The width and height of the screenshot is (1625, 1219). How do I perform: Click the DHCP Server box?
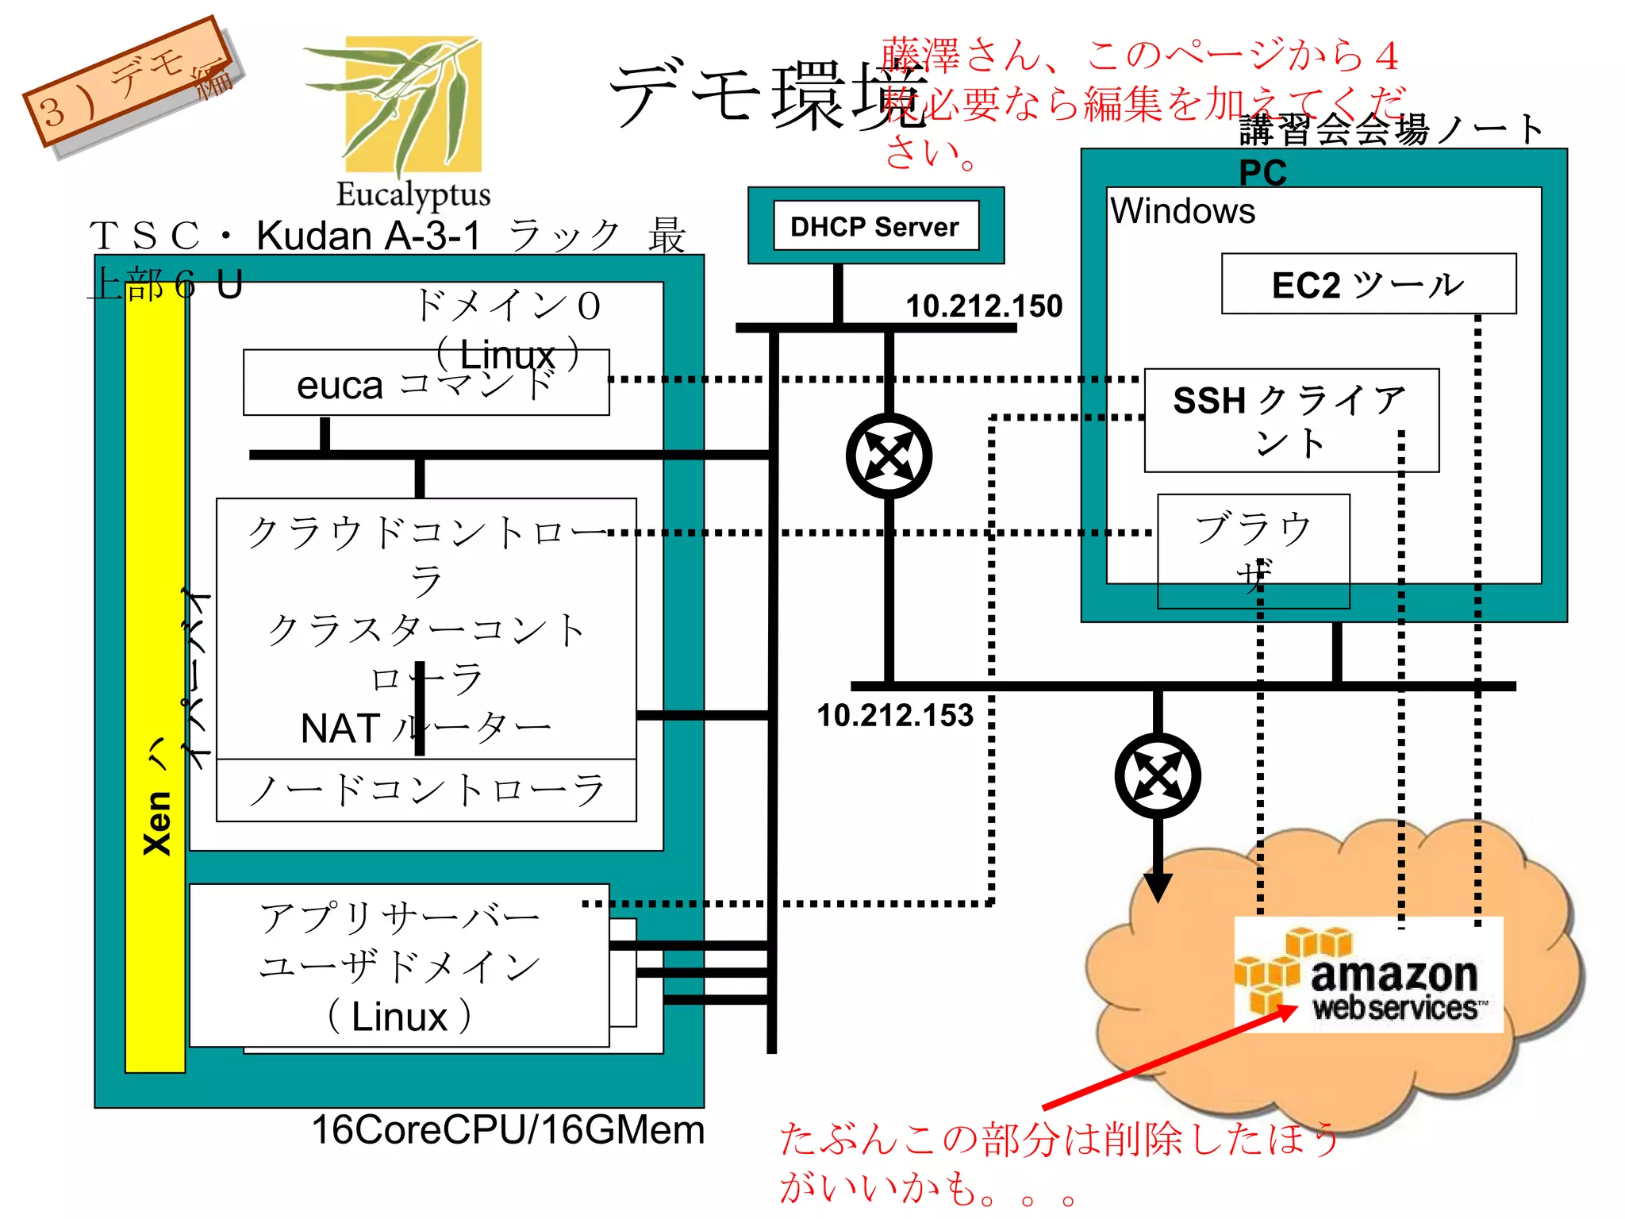875,226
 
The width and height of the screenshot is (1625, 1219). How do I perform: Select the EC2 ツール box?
1368,284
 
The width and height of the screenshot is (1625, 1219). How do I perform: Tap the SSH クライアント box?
1291,421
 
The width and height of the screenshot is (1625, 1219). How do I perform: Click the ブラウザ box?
1253,551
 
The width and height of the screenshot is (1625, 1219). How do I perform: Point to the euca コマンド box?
425,384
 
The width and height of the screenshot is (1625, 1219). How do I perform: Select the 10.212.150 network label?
984,306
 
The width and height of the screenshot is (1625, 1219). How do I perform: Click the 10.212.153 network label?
895,716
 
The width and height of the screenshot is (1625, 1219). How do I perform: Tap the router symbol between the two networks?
889,456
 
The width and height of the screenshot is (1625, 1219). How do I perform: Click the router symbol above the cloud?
1158,775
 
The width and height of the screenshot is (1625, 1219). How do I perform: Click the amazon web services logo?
1368,975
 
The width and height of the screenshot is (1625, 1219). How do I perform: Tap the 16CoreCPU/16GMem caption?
508,1130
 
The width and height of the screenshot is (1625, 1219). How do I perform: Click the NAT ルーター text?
426,729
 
